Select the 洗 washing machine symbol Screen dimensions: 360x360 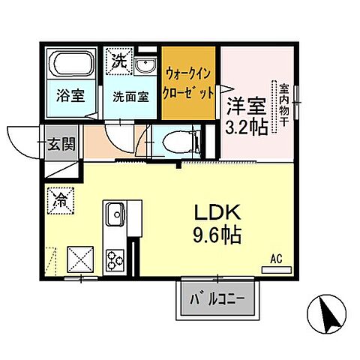pyautogui.click(x=120, y=59)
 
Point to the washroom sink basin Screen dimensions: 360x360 pyautogui.click(x=145, y=66)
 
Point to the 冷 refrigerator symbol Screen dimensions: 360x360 pyautogui.click(x=59, y=199)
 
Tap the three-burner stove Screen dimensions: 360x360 pyautogui.click(x=117, y=259)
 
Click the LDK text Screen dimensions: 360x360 pyautogui.click(x=214, y=213)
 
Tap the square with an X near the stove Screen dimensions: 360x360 pyautogui.click(x=80, y=260)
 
